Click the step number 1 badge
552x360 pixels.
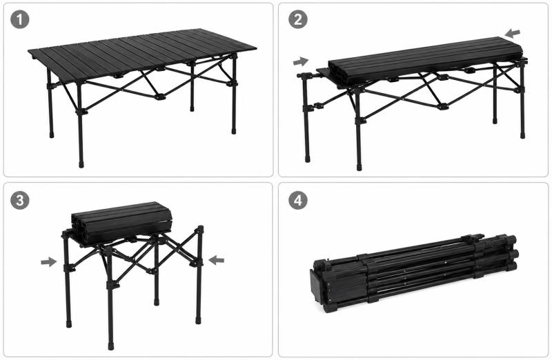click(20, 20)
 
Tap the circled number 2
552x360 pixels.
click(298, 20)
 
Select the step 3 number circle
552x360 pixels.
click(20, 200)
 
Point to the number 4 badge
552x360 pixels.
click(298, 200)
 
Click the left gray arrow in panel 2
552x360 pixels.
click(301, 62)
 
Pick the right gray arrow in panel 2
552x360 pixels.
click(512, 34)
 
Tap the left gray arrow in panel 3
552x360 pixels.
click(48, 262)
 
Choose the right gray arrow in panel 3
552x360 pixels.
click(216, 261)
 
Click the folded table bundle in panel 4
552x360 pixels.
click(413, 272)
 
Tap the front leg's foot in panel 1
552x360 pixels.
click(81, 164)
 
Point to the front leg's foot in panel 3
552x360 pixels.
click(111, 346)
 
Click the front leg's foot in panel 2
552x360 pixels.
click(359, 167)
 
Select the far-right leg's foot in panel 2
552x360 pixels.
click(522, 135)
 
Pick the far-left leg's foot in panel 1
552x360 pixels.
click(52, 134)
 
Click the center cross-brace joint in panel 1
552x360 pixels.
click(159, 97)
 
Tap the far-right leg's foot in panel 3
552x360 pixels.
click(198, 321)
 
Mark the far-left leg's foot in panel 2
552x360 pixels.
click(307, 159)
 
